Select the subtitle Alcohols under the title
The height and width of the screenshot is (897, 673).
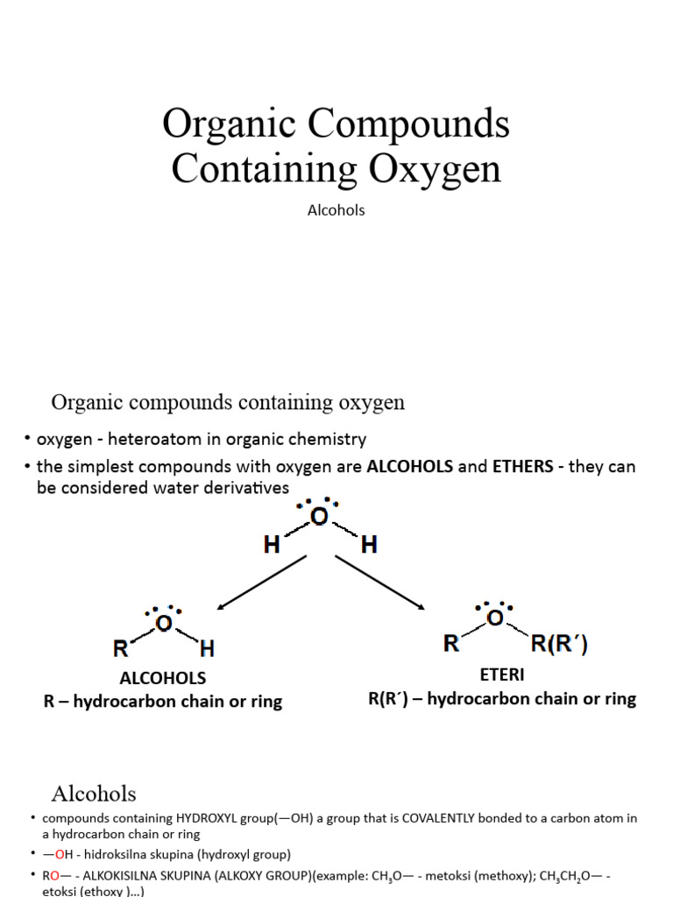point(336,210)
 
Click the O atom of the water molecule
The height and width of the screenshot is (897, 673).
point(319,517)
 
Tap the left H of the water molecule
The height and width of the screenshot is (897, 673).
point(272,546)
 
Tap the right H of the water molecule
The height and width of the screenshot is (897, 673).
point(369,546)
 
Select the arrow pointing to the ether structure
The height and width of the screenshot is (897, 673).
point(380,582)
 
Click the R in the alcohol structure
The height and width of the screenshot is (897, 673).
point(121,649)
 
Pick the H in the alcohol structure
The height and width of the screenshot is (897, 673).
point(207,649)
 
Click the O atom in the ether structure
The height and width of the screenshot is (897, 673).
point(495,618)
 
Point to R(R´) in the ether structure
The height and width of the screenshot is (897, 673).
point(559,646)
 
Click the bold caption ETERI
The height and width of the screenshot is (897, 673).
point(501,675)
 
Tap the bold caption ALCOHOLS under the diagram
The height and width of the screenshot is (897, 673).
point(163,678)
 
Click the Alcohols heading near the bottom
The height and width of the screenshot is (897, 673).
point(94,794)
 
